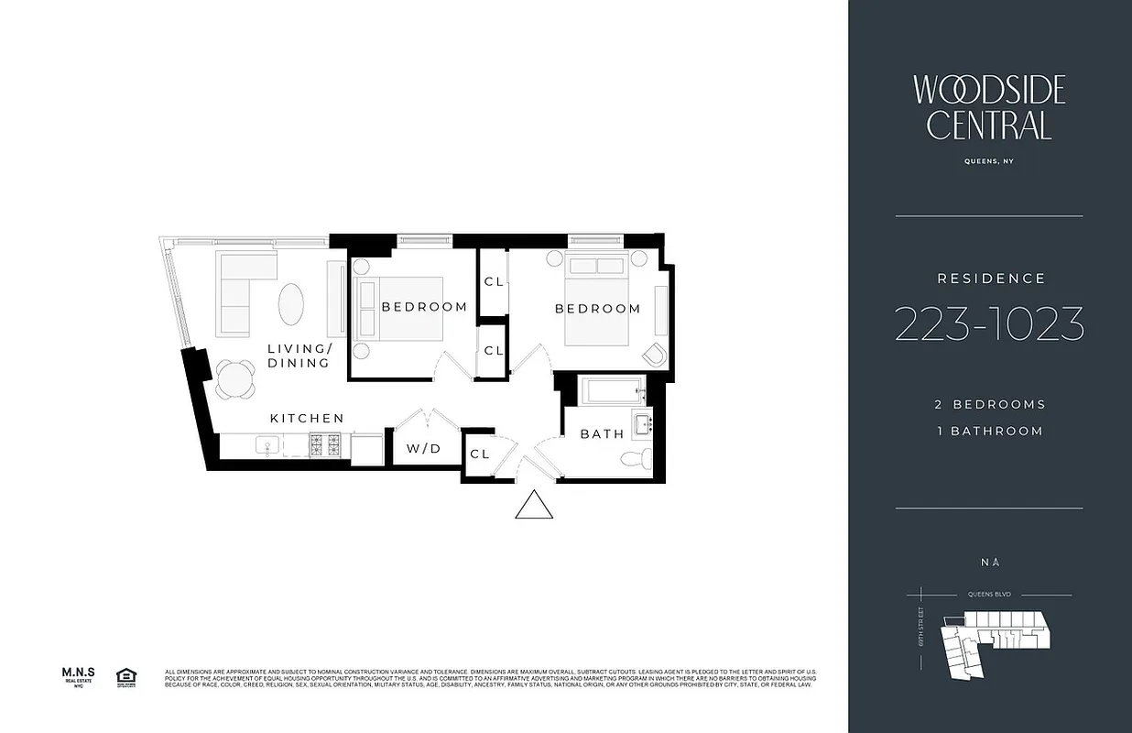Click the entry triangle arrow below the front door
click(x=534, y=507)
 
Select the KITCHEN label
click(x=307, y=419)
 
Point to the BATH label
click(x=602, y=433)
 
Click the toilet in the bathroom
click(x=635, y=459)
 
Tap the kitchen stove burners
click(x=325, y=446)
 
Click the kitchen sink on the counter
click(x=269, y=446)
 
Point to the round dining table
click(x=237, y=377)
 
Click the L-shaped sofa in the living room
click(x=238, y=289)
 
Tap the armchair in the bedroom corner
click(x=656, y=355)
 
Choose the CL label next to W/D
click(x=480, y=454)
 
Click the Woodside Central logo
click(x=989, y=107)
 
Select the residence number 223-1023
click(x=989, y=324)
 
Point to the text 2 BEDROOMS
click(x=989, y=404)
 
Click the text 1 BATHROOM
click(x=989, y=432)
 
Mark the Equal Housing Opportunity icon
click(x=125, y=677)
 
